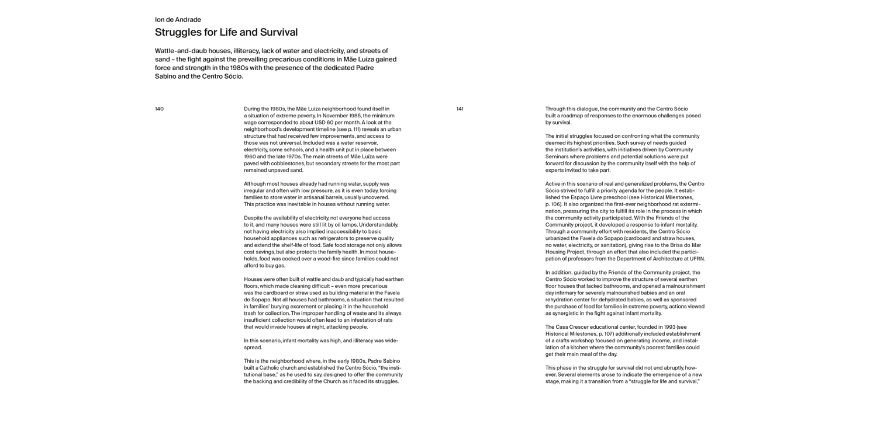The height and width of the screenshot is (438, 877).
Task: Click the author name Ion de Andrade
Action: tap(178, 20)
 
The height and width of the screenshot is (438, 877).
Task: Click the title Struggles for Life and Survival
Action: tap(226, 33)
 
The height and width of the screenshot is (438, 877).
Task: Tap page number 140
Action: tap(159, 109)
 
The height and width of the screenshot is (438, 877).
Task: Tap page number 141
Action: tap(460, 109)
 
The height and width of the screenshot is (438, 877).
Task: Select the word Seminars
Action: tap(559, 157)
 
